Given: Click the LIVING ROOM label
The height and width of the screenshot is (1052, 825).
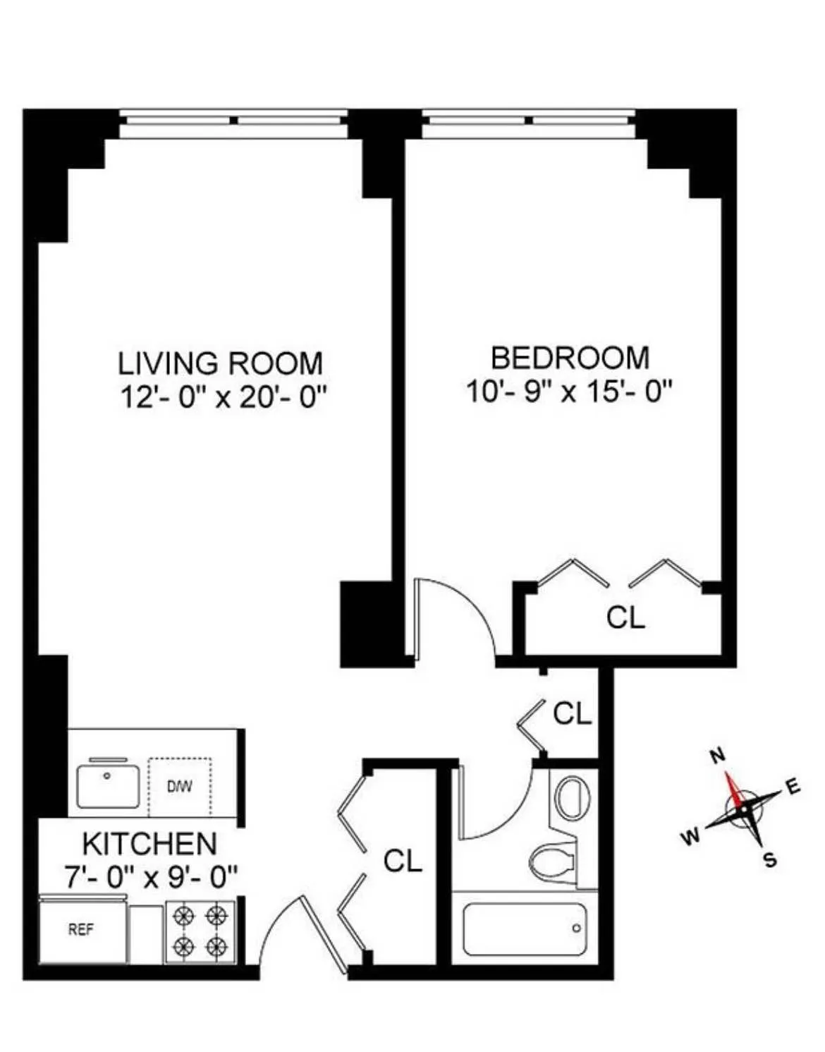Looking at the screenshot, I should point(220,363).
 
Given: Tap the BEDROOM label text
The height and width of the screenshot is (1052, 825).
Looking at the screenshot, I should point(570,358).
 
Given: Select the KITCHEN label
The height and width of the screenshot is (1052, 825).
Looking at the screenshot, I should point(149,844).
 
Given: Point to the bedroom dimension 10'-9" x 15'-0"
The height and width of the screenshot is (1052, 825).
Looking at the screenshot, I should point(569,391).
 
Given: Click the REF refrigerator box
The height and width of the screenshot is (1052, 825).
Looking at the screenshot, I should point(82,930).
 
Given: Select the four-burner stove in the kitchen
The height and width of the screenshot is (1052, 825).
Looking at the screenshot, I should point(200,931).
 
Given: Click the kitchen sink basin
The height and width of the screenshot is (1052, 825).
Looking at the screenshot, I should point(108,785).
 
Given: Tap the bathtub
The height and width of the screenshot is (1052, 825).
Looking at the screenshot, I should point(525,929).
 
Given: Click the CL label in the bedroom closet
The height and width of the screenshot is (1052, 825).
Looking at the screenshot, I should point(625,617).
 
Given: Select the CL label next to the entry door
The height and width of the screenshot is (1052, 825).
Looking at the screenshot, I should point(403,860).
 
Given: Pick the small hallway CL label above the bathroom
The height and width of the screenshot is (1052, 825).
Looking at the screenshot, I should point(572,713).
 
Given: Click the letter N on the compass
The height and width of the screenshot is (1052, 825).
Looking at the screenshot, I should point(717,756).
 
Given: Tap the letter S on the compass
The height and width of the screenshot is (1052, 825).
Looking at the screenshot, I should point(770,859).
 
